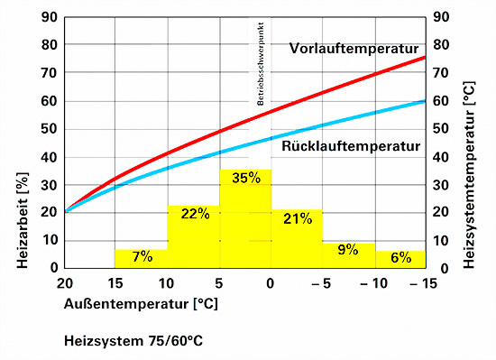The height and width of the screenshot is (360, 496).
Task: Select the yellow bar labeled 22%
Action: pyautogui.click(x=193, y=239)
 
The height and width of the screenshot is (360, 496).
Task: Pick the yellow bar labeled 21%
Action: pyautogui.click(x=297, y=240)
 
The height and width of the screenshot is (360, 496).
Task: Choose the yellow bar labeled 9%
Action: pyautogui.click(x=348, y=255)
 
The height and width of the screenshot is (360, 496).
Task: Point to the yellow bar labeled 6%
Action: pyautogui.click(x=400, y=259)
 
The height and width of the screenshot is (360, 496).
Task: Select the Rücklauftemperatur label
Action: pyautogui.click(x=351, y=145)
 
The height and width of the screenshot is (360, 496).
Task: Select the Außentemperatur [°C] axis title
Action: pyautogui.click(x=141, y=304)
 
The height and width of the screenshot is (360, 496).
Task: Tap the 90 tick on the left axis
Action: pyautogui.click(x=51, y=16)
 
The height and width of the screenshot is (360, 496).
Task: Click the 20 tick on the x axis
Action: pyautogui.click(x=65, y=283)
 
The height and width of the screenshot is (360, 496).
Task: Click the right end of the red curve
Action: pyautogui.click(x=424, y=58)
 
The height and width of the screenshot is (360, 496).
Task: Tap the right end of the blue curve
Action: pyautogui.click(x=424, y=101)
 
